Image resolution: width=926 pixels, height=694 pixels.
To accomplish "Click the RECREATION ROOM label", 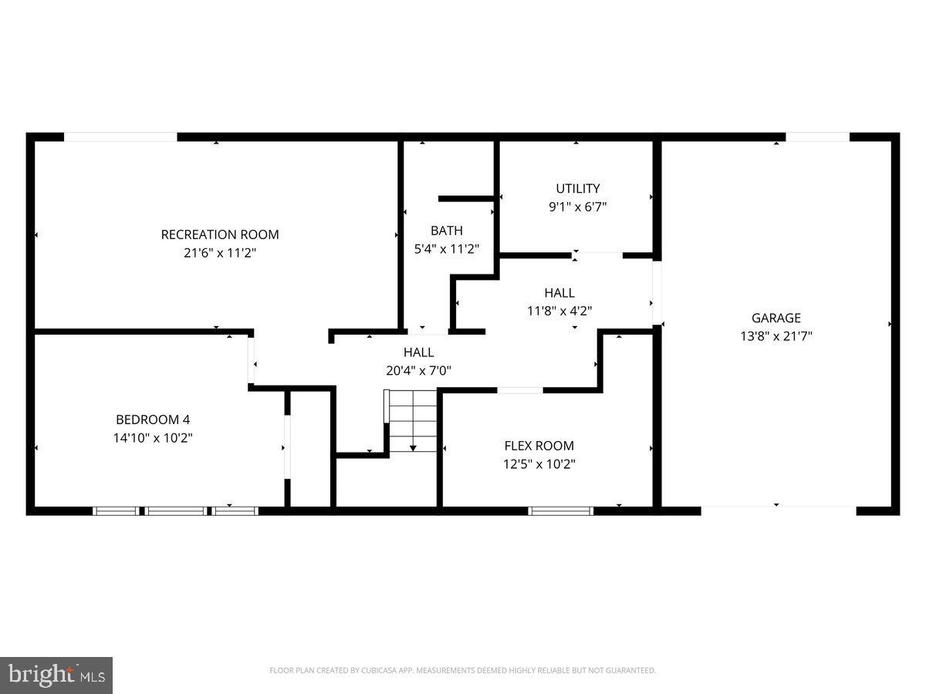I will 220,234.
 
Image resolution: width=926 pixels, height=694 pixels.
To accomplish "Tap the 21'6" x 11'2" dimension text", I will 220,252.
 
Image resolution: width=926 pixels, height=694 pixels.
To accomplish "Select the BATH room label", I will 447,231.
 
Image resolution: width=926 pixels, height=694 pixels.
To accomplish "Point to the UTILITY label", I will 578,188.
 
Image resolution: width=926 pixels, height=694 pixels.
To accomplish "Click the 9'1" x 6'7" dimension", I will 578,207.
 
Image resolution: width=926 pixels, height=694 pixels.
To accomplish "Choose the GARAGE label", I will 776,318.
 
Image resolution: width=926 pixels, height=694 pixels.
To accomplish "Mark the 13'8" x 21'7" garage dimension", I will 776,335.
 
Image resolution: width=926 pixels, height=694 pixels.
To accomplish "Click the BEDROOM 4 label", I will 153,419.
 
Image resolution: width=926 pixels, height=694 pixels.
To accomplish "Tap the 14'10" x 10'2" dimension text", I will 153,438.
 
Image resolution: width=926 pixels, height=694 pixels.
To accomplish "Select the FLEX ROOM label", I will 539,446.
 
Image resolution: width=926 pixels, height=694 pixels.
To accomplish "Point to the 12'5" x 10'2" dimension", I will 539,464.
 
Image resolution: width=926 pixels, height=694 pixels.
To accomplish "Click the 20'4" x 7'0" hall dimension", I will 418,370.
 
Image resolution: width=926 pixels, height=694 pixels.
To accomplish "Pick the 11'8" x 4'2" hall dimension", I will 559,311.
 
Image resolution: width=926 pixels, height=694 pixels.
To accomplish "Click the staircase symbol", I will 413,421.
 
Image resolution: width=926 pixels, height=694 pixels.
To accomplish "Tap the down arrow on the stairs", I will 413,446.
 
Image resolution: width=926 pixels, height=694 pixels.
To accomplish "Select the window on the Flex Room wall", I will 561,510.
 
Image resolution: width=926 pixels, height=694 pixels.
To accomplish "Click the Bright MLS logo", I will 56,675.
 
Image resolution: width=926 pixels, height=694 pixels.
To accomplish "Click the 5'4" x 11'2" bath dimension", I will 447,249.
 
